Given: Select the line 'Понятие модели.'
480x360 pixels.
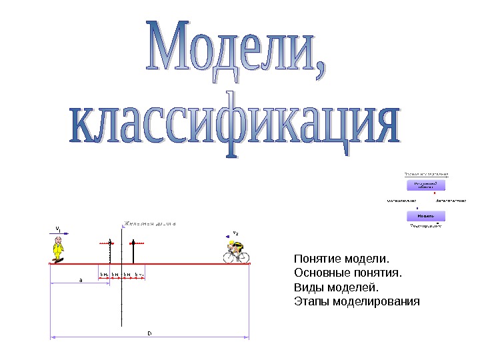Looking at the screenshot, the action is (340, 258).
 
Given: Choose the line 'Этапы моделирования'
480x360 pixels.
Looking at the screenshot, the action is (357, 302).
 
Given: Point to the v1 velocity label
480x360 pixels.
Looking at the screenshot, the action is (58, 228).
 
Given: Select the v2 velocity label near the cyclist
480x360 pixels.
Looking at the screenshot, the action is (235, 233).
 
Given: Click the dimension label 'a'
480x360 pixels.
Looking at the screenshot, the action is (81, 281).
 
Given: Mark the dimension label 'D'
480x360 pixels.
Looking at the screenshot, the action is (149, 331).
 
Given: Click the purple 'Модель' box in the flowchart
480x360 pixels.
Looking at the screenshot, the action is (426, 216).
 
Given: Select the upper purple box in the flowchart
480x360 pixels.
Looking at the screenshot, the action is (426, 185).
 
